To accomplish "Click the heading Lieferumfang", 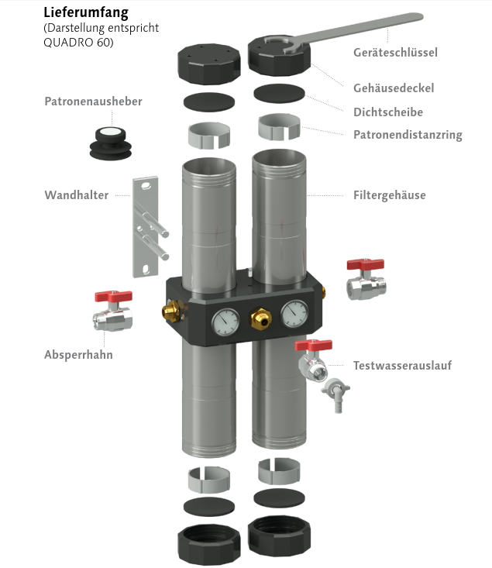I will point(85,12).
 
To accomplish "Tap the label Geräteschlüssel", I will point(395,53).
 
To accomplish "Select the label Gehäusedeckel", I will point(394,88).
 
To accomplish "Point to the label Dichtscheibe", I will point(388,112).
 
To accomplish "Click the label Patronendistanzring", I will point(408,135).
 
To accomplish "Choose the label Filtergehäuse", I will point(390,195).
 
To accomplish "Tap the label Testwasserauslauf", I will point(402,365).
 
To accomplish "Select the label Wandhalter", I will point(77,195).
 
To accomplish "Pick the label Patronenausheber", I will point(93,102).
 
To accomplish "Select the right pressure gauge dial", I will point(294,313).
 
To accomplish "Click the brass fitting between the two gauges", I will point(260,316).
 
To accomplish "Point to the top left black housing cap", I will point(206,63).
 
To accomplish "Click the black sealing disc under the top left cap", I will point(209,102).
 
